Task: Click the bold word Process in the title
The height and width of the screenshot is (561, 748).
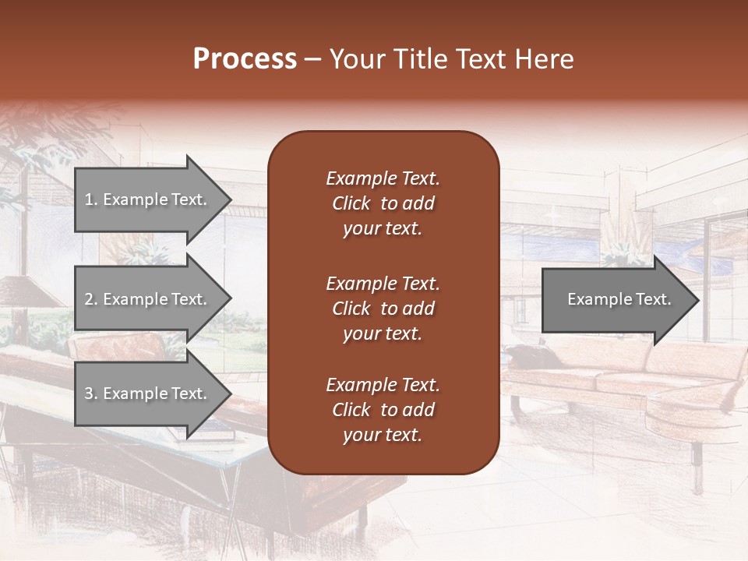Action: [245, 59]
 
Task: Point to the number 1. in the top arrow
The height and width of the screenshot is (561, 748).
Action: [90, 199]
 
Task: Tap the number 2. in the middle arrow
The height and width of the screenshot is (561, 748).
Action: [90, 299]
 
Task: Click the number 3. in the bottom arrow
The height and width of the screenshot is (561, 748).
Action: [90, 393]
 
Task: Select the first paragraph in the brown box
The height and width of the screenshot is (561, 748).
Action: [383, 203]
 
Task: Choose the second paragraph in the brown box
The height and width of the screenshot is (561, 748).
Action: [383, 309]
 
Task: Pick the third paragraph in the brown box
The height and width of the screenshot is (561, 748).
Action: [383, 410]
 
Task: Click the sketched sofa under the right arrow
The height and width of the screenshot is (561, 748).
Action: [623, 374]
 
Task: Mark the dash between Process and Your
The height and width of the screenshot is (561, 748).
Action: [312, 60]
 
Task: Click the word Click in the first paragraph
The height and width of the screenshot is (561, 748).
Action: [351, 204]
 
